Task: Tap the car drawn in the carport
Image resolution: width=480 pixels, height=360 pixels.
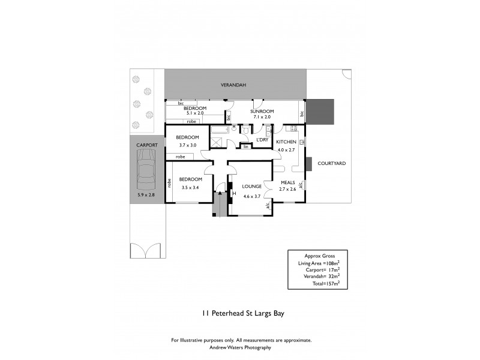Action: click(x=146, y=169)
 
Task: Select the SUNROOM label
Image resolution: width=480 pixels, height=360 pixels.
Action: click(x=262, y=112)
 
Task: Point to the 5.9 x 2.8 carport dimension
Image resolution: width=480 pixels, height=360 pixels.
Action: click(x=146, y=194)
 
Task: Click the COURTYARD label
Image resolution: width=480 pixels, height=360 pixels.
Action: click(x=331, y=163)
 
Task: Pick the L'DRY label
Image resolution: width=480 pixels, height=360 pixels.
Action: click(x=262, y=139)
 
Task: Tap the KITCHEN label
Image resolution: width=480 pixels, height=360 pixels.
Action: click(x=286, y=142)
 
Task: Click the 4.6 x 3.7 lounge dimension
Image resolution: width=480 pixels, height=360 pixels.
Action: click(x=251, y=196)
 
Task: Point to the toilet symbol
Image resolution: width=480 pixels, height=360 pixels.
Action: click(x=245, y=129)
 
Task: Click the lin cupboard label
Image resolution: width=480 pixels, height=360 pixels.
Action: click(x=245, y=146)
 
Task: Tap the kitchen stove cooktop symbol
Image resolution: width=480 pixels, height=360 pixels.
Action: click(x=290, y=128)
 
